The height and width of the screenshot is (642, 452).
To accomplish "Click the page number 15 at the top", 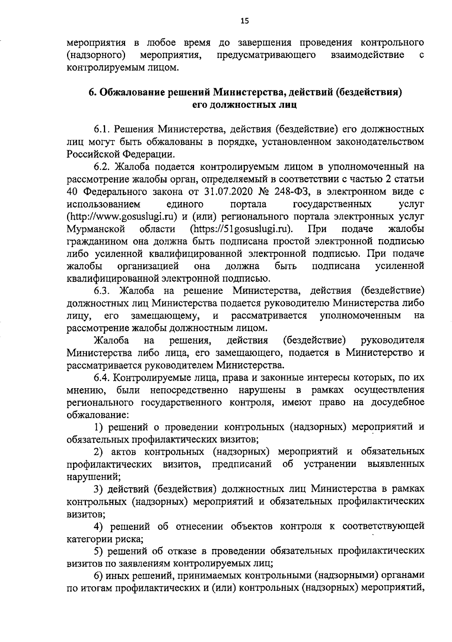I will pyautogui.click(x=244, y=21).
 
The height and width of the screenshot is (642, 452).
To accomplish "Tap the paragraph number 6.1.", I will pyautogui.click(x=102, y=130).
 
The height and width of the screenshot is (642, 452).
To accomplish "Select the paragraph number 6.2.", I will pyautogui.click(x=102, y=167).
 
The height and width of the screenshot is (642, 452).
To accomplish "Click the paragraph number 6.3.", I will pyautogui.click(x=102, y=291).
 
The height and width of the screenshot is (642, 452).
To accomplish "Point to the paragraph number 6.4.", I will pyautogui.click(x=102, y=378).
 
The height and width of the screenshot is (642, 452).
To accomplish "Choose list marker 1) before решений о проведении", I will pyautogui.click(x=98, y=427).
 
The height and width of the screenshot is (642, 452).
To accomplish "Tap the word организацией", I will pyautogui.click(x=148, y=266).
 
